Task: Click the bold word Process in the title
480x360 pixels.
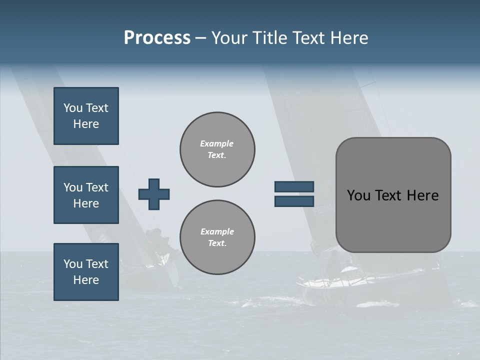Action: [157, 38]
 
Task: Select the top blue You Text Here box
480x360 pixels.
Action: [86, 116]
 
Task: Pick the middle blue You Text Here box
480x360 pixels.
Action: [86, 195]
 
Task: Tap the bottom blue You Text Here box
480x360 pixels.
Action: [86, 271]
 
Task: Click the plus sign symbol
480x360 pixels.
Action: [153, 194]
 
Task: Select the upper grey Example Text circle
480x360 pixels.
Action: [217, 149]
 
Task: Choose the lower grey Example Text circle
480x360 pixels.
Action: [217, 237]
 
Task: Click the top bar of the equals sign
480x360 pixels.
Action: [294, 186]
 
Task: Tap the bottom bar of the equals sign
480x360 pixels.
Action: [294, 201]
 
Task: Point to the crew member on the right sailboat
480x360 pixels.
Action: [332, 262]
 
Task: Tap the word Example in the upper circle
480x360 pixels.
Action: [217, 143]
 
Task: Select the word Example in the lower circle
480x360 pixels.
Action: [217, 231]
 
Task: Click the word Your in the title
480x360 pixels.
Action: [228, 38]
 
